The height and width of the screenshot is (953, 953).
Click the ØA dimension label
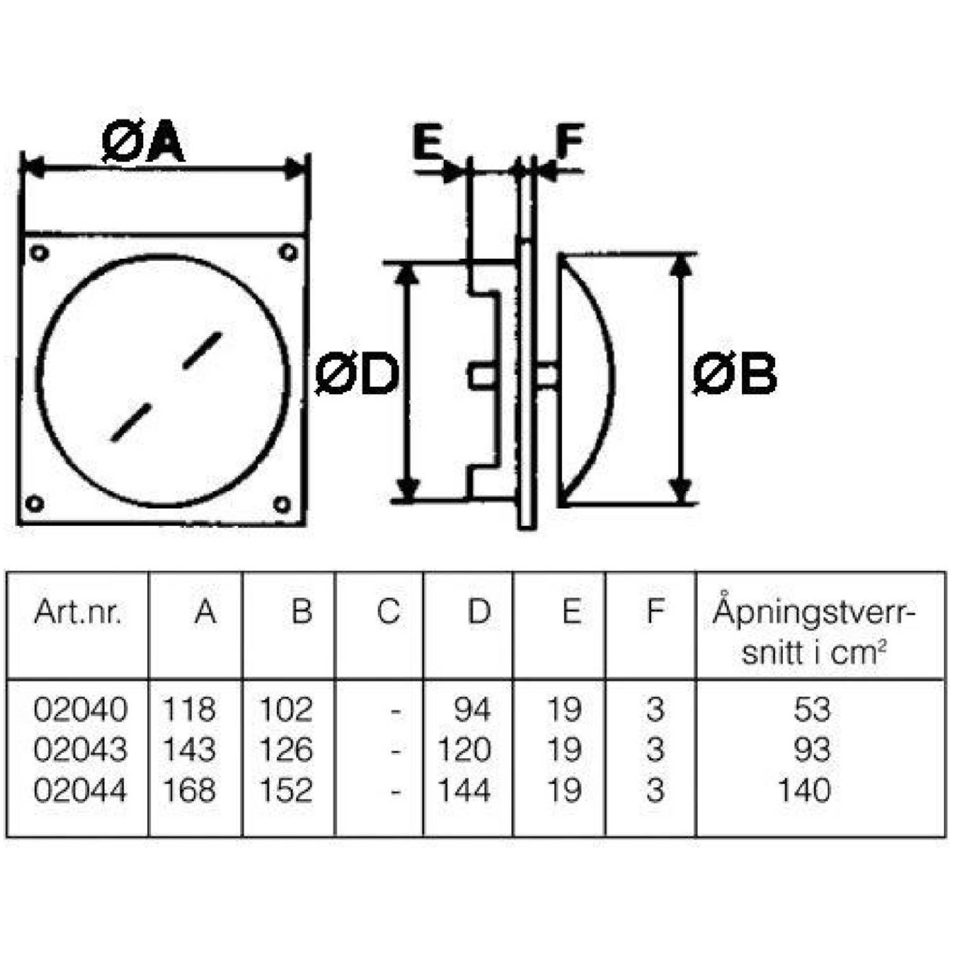tap(143, 144)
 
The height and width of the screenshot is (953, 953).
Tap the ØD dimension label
tap(356, 374)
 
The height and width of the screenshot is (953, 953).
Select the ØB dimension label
tap(734, 374)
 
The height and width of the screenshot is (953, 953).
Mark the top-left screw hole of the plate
tap(39, 253)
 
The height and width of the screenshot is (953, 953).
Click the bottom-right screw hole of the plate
tap(282, 505)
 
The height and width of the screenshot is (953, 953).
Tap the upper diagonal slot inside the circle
tap(202, 350)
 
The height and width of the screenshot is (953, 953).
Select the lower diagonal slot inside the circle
tap(131, 422)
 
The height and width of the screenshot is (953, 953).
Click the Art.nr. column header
tap(78, 612)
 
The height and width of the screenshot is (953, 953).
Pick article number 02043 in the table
tap(80, 750)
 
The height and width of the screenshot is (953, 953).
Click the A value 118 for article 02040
tap(189, 709)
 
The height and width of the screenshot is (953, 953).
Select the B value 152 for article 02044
tap(286, 790)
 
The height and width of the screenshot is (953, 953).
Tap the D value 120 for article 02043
tap(464, 750)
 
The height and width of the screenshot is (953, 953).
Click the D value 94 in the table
tap(472, 709)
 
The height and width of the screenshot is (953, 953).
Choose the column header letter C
tap(388, 612)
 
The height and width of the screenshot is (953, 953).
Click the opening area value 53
tap(812, 709)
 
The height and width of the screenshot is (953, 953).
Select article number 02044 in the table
tap(80, 790)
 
